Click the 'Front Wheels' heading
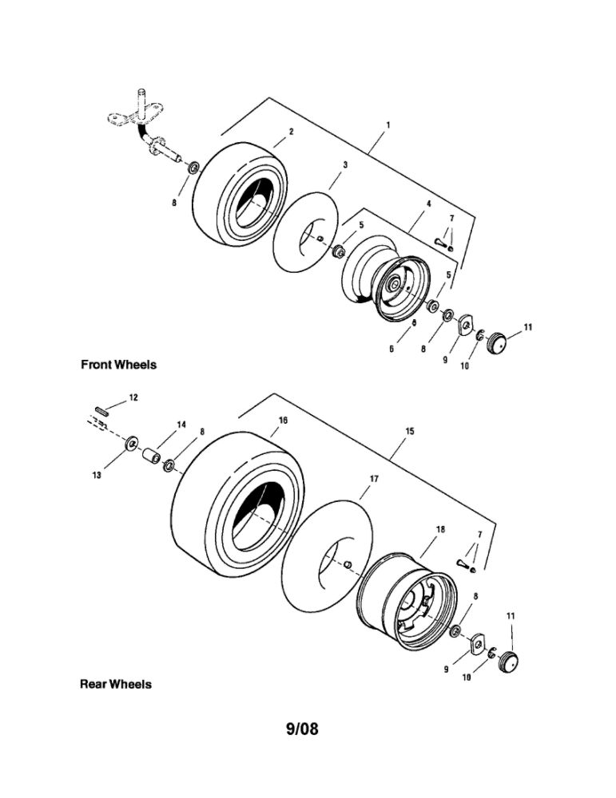(x=118, y=365)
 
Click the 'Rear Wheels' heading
(x=115, y=684)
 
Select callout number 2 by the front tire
(x=292, y=131)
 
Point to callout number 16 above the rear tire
(x=283, y=420)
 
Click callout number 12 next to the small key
(x=133, y=397)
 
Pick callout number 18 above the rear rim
(x=440, y=529)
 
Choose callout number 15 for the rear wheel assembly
(x=409, y=431)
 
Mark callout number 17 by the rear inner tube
(x=373, y=479)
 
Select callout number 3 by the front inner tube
(x=344, y=164)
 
